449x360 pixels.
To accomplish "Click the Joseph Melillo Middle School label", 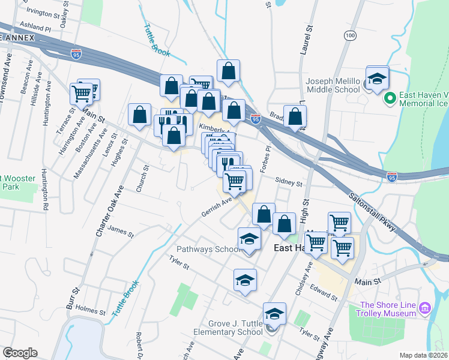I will pos(333,85).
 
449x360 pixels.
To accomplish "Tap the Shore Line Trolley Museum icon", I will pos(426,308).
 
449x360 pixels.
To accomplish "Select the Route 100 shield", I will pos(350,36).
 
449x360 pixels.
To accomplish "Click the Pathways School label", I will pos(208,249).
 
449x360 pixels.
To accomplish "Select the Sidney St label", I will pos(289,180).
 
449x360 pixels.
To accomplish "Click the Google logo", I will pos(20,352).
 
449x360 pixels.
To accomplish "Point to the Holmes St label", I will pos(92,311).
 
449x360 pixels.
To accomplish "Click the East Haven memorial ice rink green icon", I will pos(389,97).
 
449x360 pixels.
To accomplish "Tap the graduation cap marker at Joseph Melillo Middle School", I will pos(378,79).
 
